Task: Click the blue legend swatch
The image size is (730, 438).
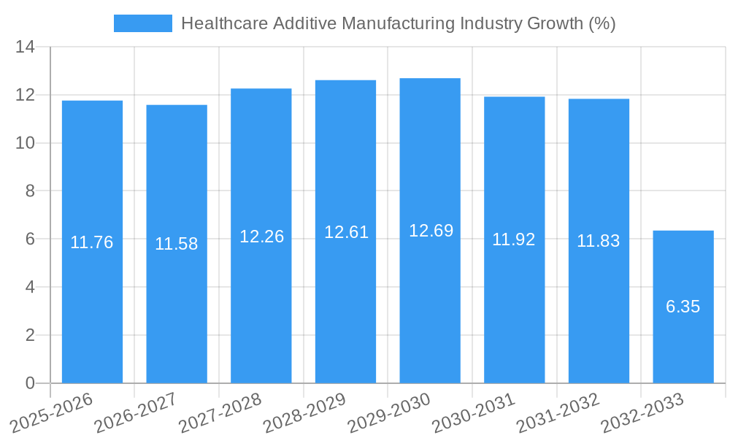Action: coord(143,23)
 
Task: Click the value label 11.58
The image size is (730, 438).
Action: coord(176,244)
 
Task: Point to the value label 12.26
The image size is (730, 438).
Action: coord(261,237)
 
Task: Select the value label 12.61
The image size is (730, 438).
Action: coord(346,232)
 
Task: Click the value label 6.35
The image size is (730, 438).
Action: coord(683,307)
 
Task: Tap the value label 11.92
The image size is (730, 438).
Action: coord(514,239)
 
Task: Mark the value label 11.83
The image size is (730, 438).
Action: coord(599,241)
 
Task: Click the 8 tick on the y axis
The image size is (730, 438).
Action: coord(30,191)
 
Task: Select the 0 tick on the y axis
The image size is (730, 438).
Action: coord(30,383)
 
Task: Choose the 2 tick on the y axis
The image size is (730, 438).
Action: coord(30,335)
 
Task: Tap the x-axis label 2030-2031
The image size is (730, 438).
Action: coord(474,413)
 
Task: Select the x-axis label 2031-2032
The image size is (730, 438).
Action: coord(558,413)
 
